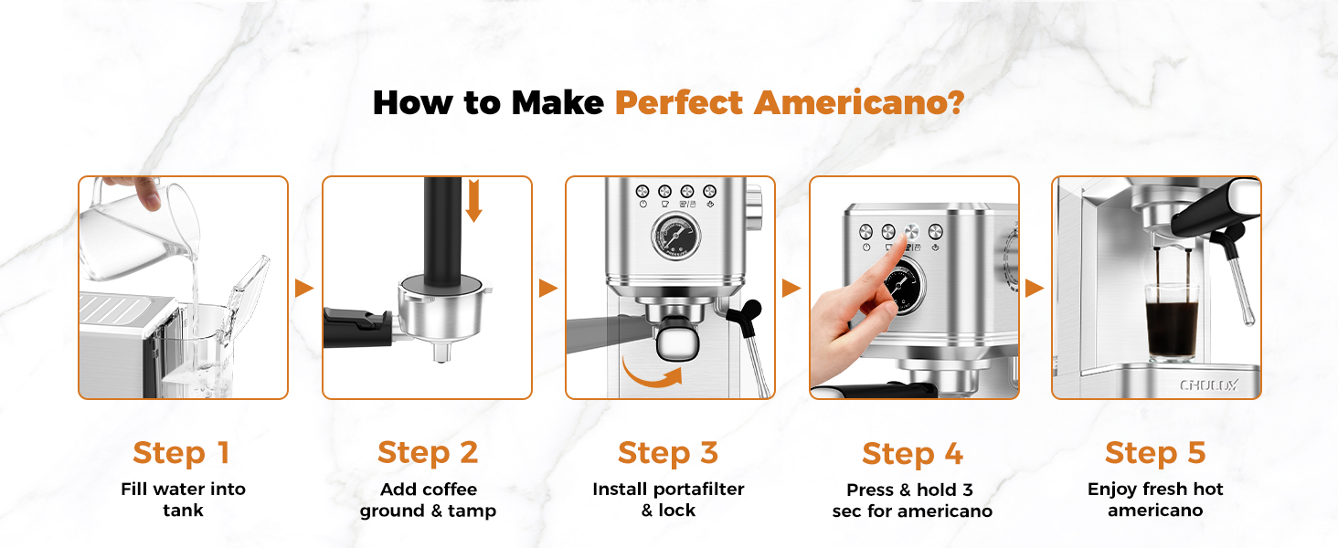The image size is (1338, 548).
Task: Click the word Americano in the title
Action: tap(859, 102)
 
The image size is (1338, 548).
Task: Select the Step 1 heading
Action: tap(181, 452)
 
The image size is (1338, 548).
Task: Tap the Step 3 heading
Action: tap(668, 452)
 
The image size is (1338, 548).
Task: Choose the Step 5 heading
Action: tap(1155, 452)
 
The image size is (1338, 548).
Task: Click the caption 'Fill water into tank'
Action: tap(183, 500)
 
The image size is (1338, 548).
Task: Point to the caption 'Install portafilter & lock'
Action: tap(668, 500)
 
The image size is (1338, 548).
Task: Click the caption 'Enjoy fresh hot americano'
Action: tap(1155, 500)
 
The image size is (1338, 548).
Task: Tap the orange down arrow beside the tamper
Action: tap(473, 200)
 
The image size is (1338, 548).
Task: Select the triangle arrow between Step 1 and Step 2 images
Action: tap(304, 289)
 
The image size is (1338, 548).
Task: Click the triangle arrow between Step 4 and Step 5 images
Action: tap(1035, 289)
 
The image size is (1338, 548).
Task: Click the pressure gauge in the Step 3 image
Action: tap(676, 238)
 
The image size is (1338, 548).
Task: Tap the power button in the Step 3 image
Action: tap(642, 192)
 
